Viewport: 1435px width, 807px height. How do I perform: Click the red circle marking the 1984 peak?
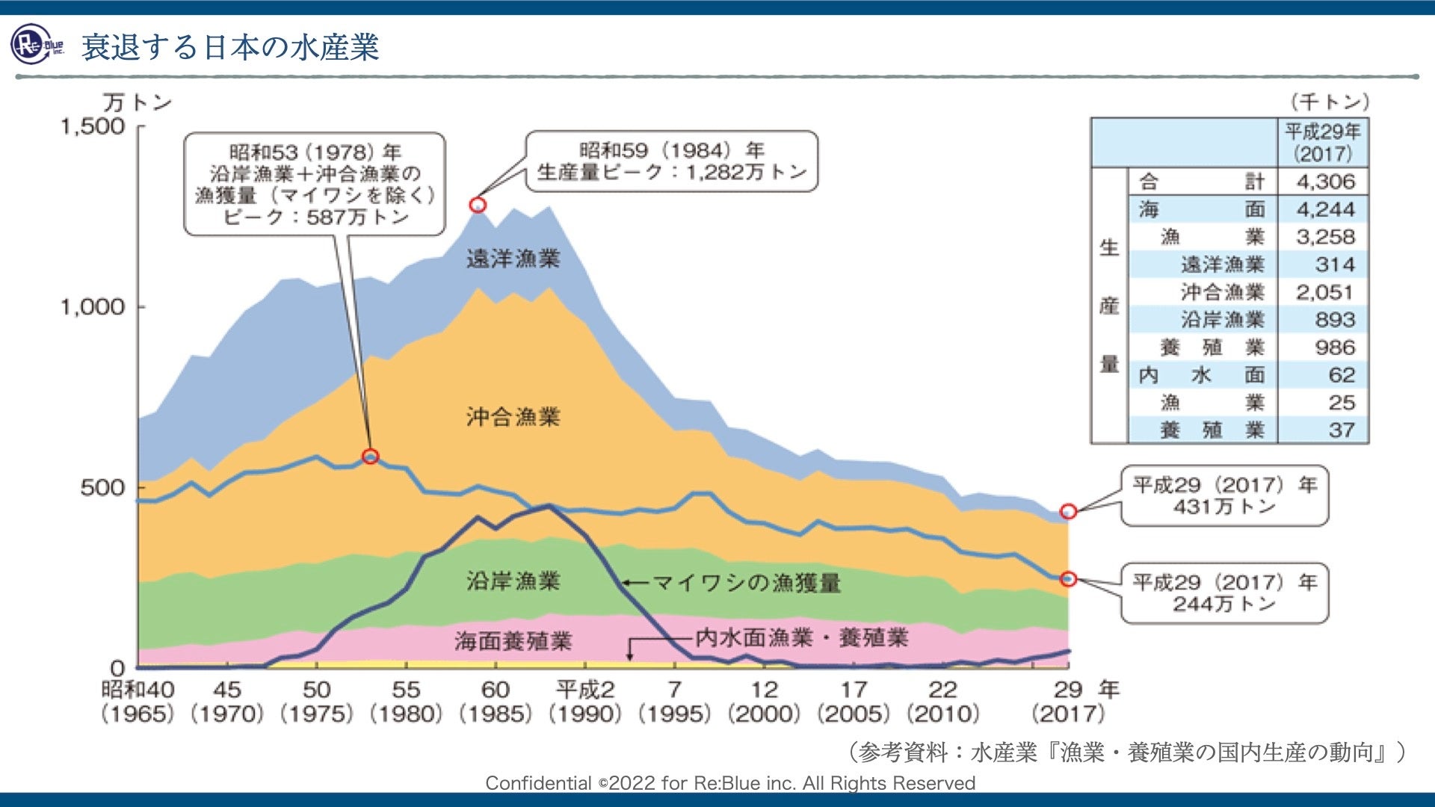(x=478, y=205)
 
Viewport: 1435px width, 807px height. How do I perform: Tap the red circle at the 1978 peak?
(x=370, y=456)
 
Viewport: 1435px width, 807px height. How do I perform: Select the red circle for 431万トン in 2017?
(x=1069, y=511)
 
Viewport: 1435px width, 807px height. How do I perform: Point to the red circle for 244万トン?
(x=1069, y=578)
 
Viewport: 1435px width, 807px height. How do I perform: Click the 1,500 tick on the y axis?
(x=93, y=126)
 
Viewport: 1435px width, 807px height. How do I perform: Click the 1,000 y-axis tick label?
(x=93, y=306)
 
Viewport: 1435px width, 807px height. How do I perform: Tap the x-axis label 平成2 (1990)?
(x=585, y=701)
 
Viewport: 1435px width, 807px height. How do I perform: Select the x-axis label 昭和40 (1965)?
(x=138, y=701)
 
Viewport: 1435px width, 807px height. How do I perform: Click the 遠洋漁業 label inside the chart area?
(x=513, y=259)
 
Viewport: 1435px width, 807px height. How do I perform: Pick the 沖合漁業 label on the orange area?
(x=513, y=416)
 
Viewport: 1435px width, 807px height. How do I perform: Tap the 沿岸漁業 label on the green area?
(x=513, y=581)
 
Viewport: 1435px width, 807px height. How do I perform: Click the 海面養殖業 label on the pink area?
(x=513, y=640)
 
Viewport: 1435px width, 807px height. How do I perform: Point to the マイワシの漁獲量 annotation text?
(x=746, y=582)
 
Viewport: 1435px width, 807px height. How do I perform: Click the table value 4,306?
(x=1325, y=182)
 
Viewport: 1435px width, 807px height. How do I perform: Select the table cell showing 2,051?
(x=1325, y=292)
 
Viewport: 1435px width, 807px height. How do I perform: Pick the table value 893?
(x=1334, y=320)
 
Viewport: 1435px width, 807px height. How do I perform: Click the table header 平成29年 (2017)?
(x=1323, y=143)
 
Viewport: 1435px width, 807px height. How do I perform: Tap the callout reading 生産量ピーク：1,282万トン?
(x=671, y=161)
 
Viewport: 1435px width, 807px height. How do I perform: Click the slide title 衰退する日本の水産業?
(x=230, y=46)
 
